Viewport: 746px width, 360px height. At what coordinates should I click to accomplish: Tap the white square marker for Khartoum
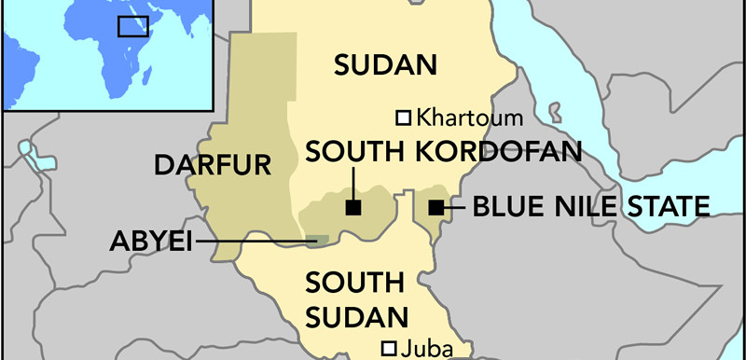(x=404, y=118)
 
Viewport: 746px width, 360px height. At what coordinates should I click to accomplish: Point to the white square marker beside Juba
(x=389, y=349)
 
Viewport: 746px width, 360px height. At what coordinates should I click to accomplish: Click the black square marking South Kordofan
(x=352, y=207)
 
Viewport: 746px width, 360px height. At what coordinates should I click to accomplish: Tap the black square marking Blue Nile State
(x=435, y=208)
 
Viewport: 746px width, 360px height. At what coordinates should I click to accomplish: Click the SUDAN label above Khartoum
(x=385, y=65)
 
